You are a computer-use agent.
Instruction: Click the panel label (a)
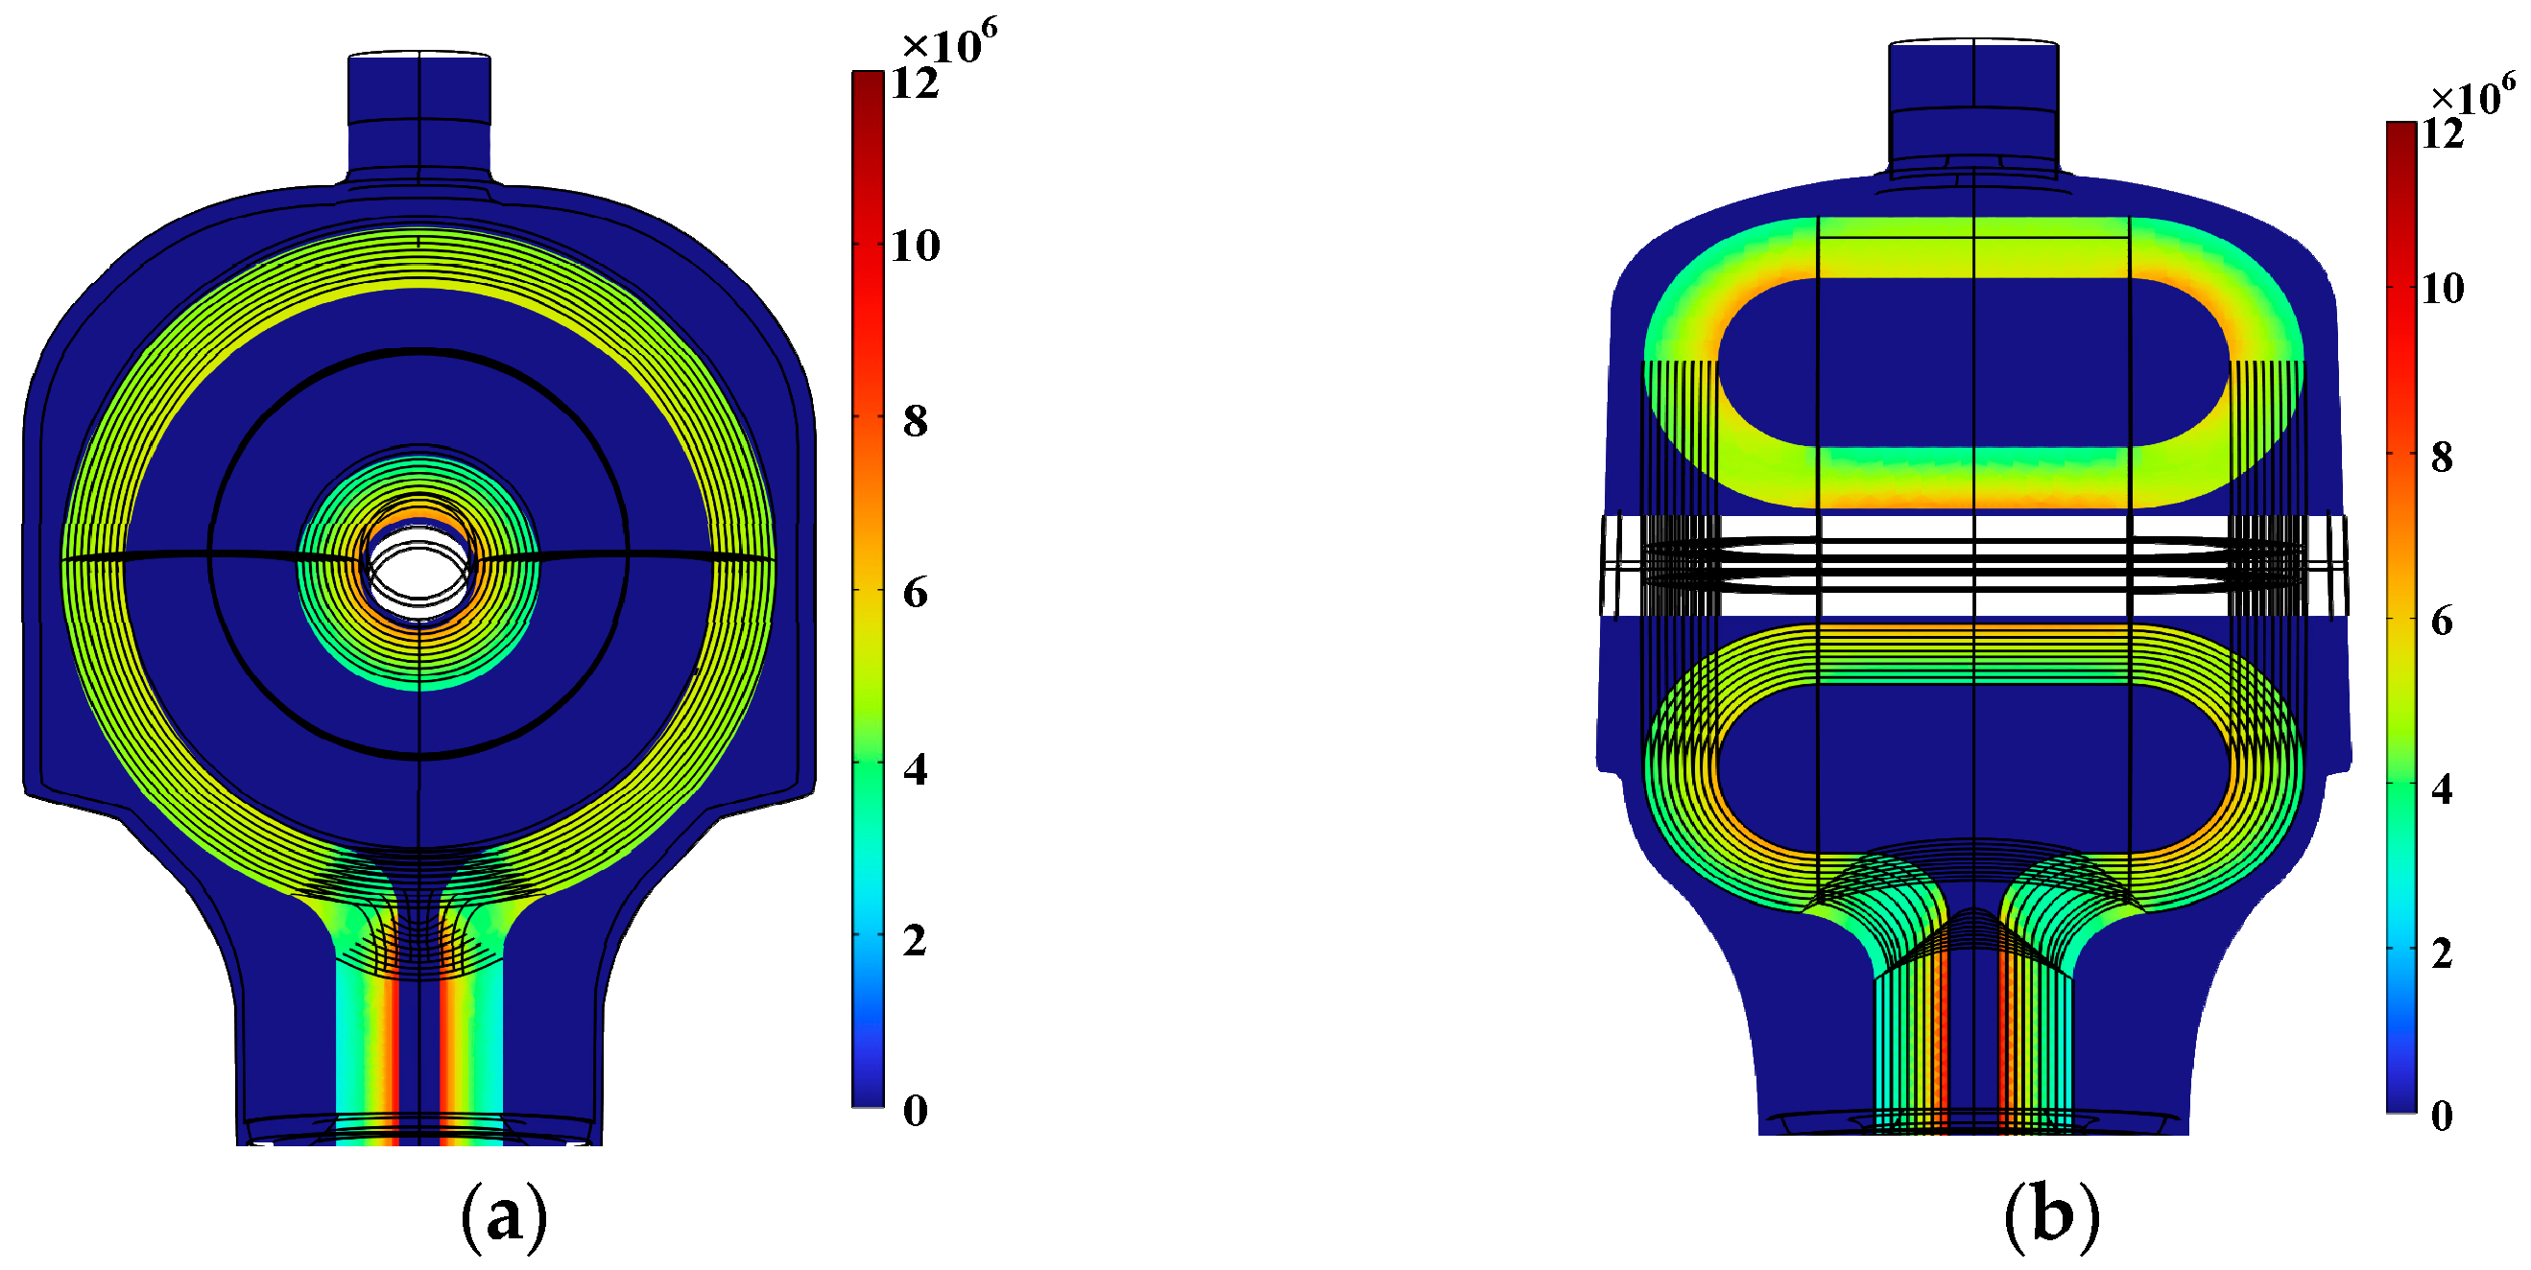click(x=504, y=1218)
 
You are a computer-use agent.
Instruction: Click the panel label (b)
click(x=2051, y=1218)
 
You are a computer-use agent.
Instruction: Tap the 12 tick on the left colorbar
click(x=915, y=83)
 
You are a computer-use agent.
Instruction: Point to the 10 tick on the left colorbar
click(x=915, y=245)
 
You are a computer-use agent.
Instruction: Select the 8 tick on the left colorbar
click(x=915, y=420)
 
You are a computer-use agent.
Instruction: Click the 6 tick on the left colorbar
click(x=915, y=593)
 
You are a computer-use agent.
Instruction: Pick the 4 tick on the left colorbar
click(x=915, y=770)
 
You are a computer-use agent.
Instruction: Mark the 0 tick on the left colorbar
click(x=915, y=1111)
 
